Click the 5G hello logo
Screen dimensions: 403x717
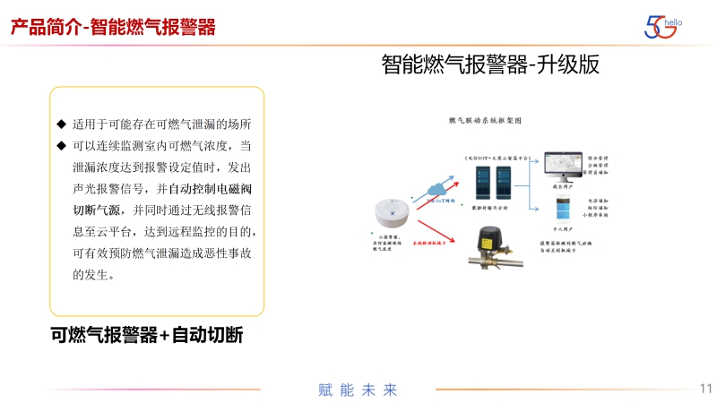pos(663,26)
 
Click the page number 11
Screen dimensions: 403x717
pos(705,389)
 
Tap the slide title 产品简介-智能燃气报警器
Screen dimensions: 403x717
pos(114,27)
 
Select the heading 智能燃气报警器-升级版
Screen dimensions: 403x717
pos(489,65)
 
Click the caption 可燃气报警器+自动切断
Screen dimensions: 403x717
pos(147,335)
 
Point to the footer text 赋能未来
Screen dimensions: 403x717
pos(358,390)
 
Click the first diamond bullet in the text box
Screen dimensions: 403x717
pos(62,124)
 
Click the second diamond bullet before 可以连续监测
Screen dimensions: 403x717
pos(62,145)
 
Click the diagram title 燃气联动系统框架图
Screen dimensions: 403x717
pos(484,119)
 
